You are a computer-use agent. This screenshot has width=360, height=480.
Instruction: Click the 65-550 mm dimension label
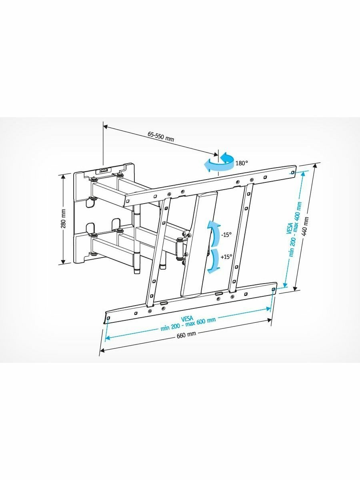point(161,136)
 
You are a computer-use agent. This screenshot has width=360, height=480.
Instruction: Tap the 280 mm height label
point(63,219)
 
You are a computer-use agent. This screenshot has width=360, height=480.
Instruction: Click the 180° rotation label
point(242,163)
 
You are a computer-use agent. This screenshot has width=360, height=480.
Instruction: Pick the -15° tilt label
point(226,235)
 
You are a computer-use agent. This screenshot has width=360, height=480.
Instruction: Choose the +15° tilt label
point(226,257)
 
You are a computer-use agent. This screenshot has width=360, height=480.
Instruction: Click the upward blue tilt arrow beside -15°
point(214,233)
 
